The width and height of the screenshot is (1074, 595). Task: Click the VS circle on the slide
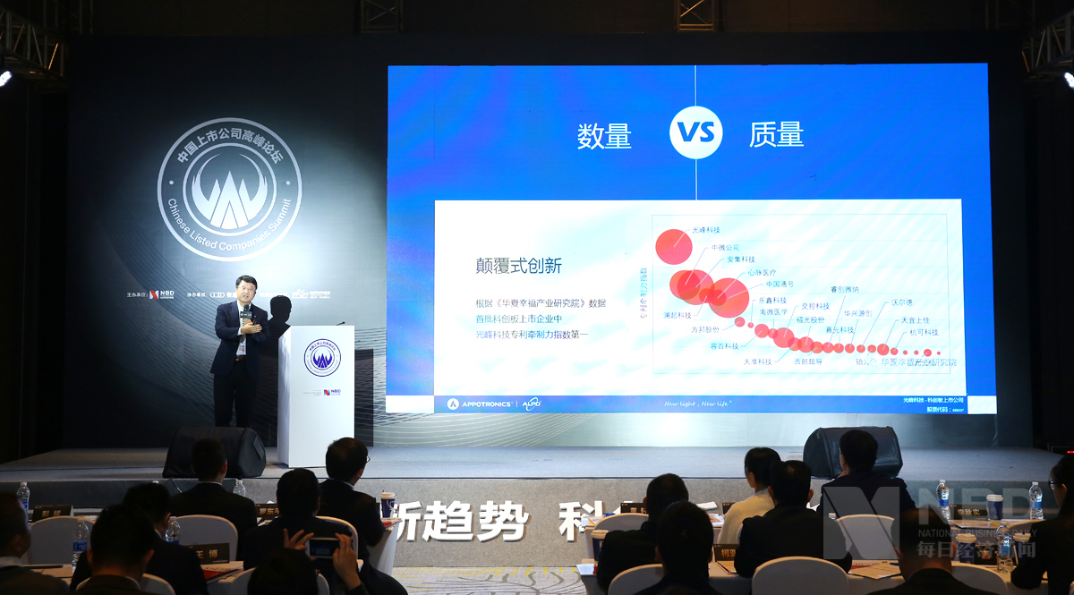point(695,133)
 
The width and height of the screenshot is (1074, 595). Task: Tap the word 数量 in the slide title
point(604,135)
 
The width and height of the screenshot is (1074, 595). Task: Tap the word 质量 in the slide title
point(776,134)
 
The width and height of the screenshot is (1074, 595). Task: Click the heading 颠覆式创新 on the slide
point(518,266)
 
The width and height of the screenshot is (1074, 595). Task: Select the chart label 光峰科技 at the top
point(706,230)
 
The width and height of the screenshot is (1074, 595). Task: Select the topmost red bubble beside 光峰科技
point(673,246)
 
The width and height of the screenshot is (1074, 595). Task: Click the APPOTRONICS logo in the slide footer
point(479,404)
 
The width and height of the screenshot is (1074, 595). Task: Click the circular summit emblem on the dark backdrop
point(229,189)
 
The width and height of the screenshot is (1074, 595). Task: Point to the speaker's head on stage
point(245,289)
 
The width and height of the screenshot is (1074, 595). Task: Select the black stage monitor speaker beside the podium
point(215,451)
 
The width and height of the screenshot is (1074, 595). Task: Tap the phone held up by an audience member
point(322,547)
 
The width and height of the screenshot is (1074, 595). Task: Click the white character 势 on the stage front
point(508,523)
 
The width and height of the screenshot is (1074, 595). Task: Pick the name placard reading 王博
point(209,553)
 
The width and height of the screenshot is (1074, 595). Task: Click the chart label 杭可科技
point(923,332)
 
